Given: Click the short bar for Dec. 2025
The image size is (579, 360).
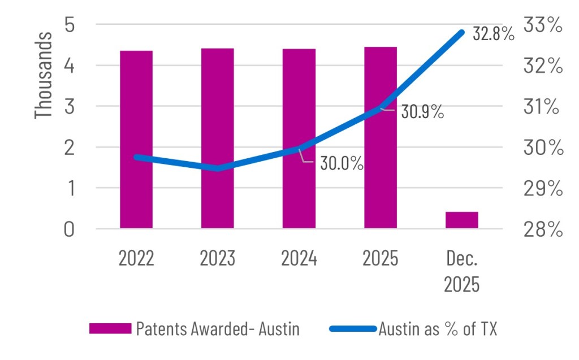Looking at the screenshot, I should coord(462,220).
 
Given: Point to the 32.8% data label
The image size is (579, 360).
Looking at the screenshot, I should coord(494,34).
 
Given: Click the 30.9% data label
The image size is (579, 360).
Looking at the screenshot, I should coord(422,112).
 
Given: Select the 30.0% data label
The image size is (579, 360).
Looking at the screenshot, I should coord(341,164).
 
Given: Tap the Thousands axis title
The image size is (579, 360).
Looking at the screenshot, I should coord(44,75).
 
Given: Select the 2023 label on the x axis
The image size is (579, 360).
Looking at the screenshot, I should coord(218,259).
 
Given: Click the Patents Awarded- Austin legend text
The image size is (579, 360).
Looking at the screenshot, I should coord(218,329).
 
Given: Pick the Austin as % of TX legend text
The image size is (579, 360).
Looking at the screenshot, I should coord(438,329).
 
